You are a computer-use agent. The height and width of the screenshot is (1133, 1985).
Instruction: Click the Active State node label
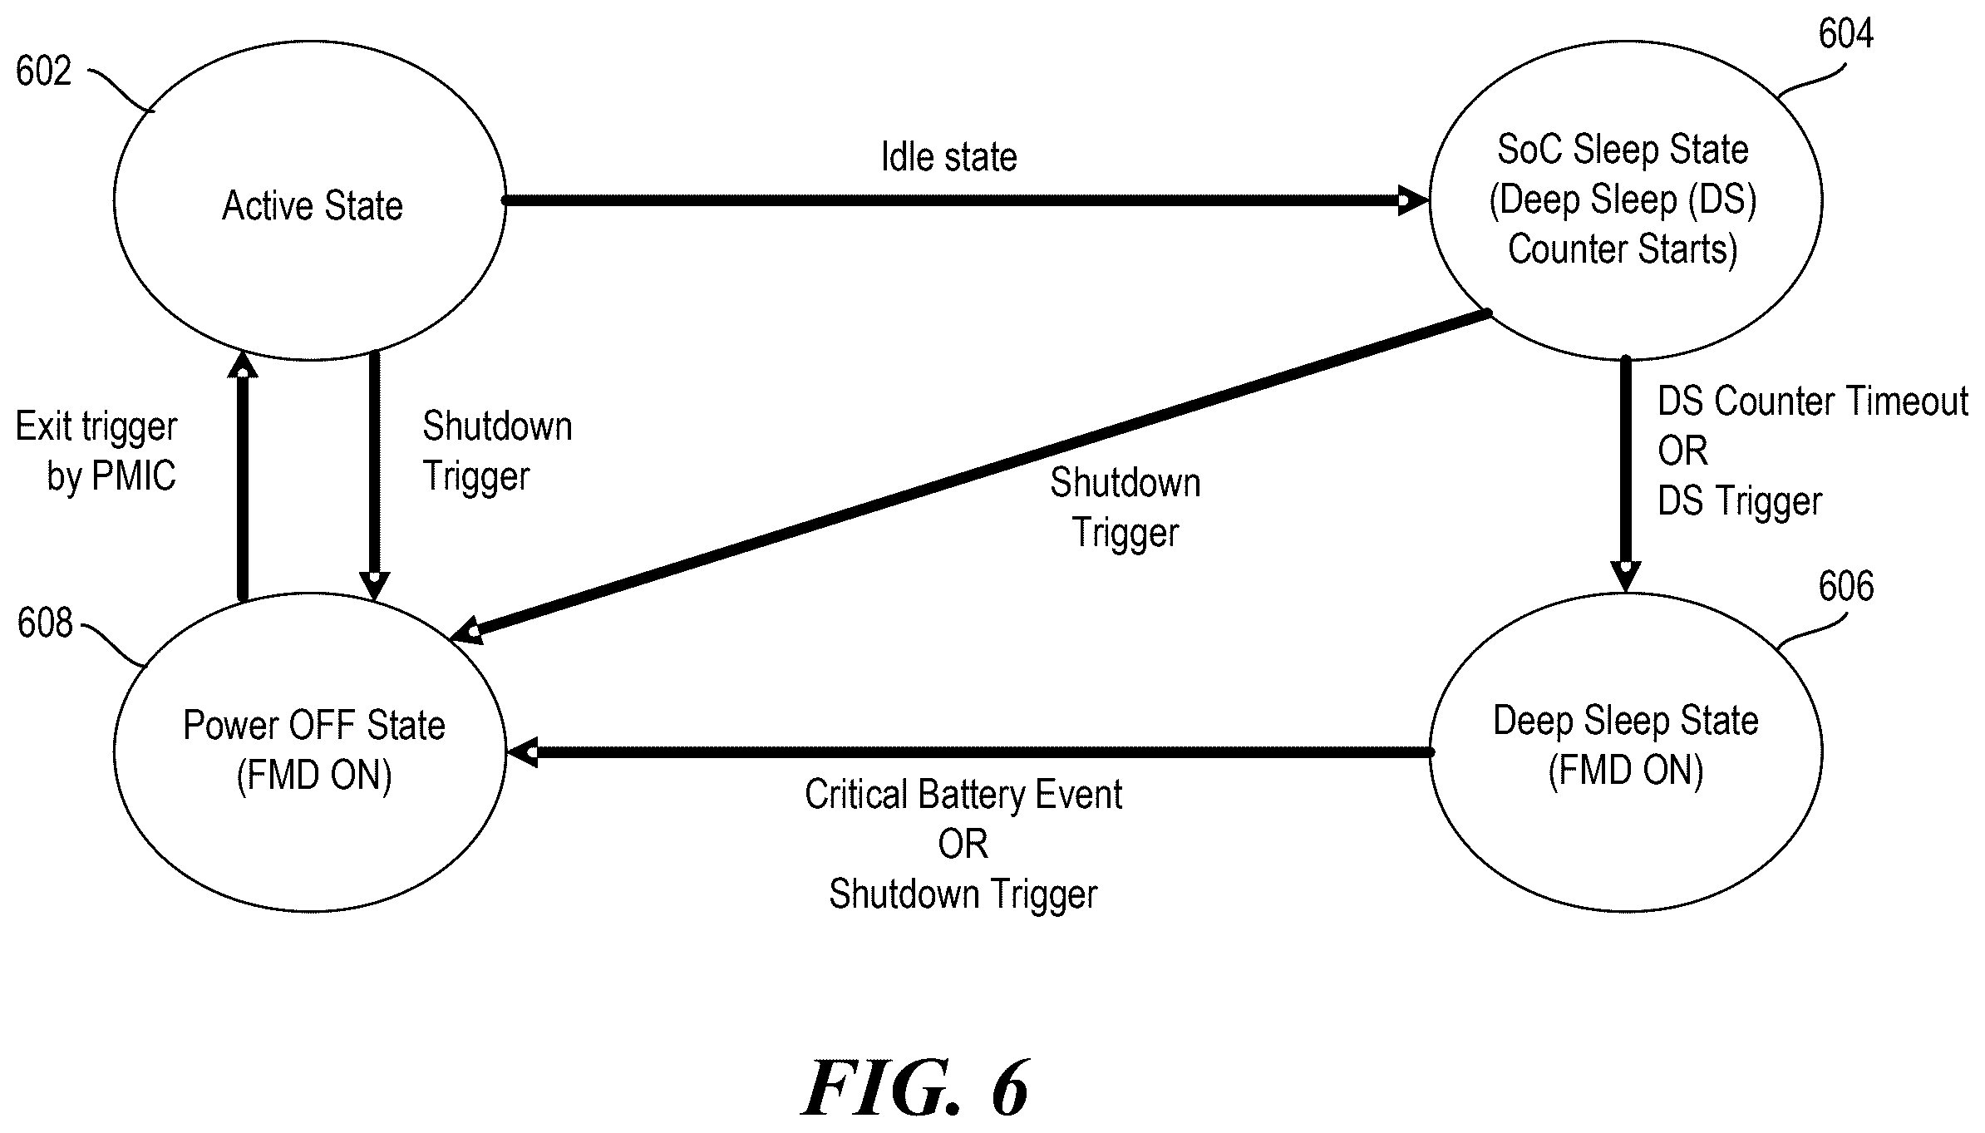point(313,205)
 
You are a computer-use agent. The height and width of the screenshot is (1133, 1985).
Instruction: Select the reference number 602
point(43,71)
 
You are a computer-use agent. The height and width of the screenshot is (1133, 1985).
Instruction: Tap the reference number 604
point(1845,33)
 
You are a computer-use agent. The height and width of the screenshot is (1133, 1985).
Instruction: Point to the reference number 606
point(1845,586)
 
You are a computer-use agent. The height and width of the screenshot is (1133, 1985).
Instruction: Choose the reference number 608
point(45,623)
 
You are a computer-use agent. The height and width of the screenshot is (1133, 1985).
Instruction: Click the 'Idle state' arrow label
point(949,156)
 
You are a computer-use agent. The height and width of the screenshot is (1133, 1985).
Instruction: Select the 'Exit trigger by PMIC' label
point(96,451)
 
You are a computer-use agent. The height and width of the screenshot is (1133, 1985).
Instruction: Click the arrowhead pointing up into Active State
point(243,363)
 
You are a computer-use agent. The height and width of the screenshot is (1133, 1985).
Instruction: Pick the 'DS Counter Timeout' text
point(1813,401)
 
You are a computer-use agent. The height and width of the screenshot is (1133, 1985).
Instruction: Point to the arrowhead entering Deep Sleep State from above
point(1625,577)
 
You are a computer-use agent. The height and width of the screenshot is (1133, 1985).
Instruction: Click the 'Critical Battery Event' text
point(963,794)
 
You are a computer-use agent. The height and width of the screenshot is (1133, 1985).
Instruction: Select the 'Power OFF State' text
point(314,725)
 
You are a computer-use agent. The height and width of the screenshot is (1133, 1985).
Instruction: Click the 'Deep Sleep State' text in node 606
point(1626,720)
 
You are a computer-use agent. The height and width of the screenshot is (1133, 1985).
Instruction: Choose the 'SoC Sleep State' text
point(1623,149)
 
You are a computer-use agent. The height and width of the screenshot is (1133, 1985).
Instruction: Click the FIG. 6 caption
point(915,1089)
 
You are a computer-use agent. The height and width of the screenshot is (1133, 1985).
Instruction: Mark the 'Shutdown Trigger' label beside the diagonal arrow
point(1125,507)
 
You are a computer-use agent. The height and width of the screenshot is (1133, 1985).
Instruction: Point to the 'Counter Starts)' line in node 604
point(1623,249)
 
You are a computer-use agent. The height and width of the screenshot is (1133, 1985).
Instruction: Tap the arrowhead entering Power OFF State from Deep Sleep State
point(523,752)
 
